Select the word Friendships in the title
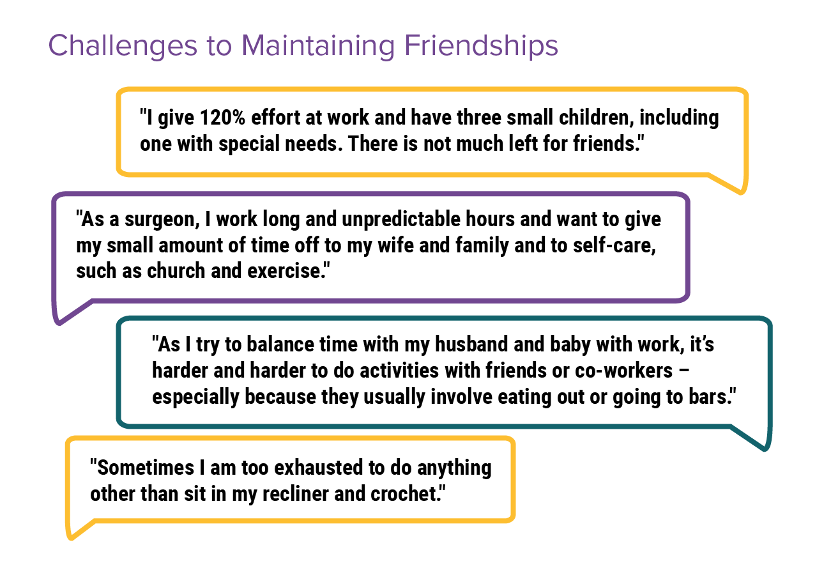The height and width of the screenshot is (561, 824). (x=482, y=46)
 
